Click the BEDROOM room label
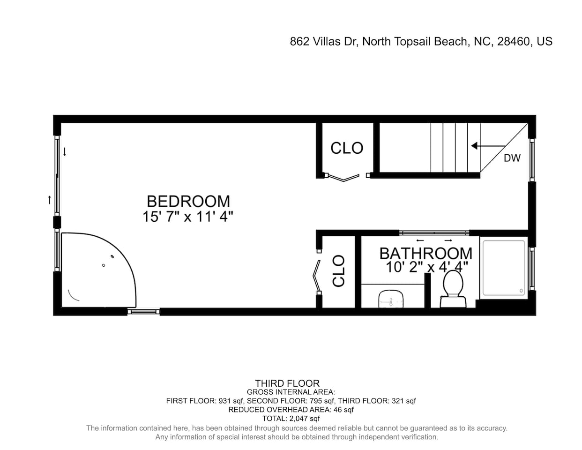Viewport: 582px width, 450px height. tap(188, 201)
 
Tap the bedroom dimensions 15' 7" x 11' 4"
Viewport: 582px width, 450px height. tap(188, 217)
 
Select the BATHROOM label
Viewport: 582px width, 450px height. tap(426, 253)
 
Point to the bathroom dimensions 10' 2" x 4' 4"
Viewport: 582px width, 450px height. tap(427, 267)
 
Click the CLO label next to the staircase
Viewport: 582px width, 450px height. tap(347, 148)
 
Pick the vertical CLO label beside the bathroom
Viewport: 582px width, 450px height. tap(338, 271)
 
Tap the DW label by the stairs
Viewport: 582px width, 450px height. tap(512, 158)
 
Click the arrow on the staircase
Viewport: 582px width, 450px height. tap(488, 146)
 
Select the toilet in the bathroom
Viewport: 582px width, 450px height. tap(453, 289)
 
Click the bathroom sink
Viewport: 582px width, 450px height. tap(391, 299)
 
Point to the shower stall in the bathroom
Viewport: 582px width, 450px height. tap(504, 268)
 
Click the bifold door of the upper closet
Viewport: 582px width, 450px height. tap(343, 178)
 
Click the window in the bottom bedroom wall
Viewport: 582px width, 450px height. tap(143, 312)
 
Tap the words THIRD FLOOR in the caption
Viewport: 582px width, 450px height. tap(287, 383)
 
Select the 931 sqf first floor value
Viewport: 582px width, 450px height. tap(231, 401)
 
